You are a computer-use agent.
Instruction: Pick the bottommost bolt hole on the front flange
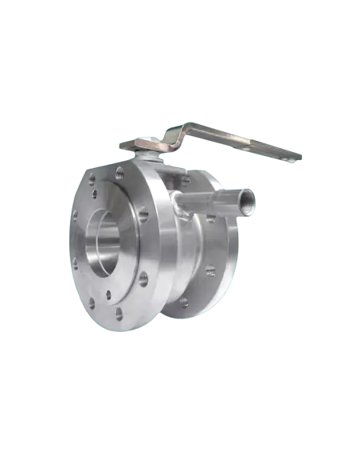point(119,313)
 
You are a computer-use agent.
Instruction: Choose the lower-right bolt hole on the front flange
point(143,278)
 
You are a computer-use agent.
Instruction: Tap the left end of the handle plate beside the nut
point(127,147)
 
